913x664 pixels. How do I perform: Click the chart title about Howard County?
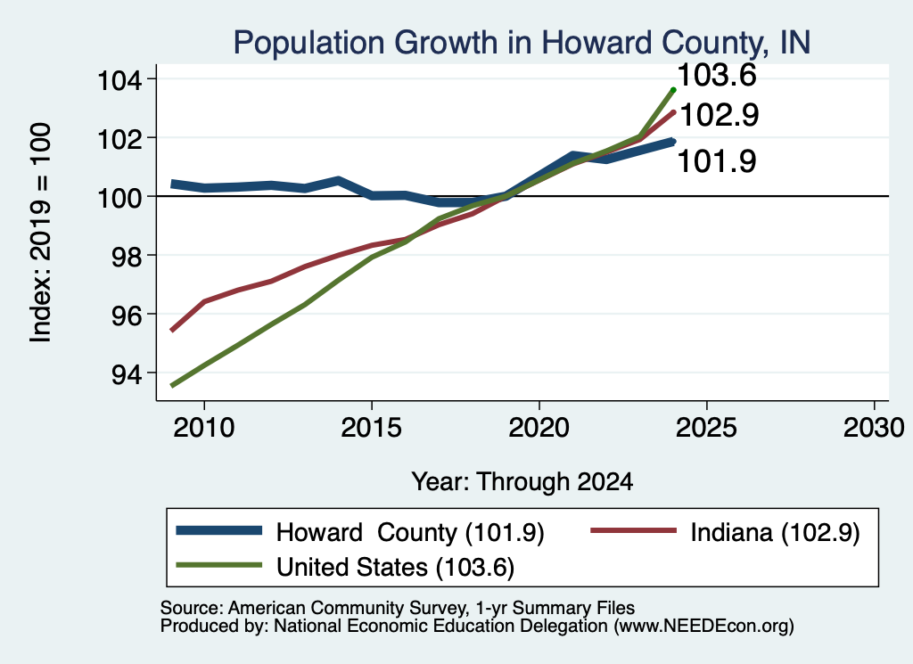[522, 43]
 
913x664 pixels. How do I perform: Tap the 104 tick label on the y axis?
[119, 79]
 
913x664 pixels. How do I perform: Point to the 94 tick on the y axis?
[127, 373]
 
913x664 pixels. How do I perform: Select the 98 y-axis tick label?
[127, 256]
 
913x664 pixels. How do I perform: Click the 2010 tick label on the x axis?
[204, 428]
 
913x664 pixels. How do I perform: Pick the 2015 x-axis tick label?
[372, 428]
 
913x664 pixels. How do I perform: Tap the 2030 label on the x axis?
[874, 428]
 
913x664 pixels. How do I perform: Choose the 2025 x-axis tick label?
[706, 428]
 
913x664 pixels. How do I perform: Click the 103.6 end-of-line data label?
[717, 76]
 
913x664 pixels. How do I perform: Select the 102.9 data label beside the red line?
[720, 115]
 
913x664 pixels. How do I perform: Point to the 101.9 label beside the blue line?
[717, 161]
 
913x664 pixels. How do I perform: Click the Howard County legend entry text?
[410, 532]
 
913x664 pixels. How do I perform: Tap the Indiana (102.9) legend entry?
[775, 532]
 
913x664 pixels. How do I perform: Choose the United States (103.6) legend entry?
[395, 568]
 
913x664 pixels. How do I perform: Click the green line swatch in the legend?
[219, 565]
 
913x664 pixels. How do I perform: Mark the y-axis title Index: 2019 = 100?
[41, 233]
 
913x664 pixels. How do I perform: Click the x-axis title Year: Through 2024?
[522, 482]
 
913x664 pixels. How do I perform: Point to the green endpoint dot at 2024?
[674, 90]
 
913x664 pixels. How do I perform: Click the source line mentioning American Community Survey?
[397, 608]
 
